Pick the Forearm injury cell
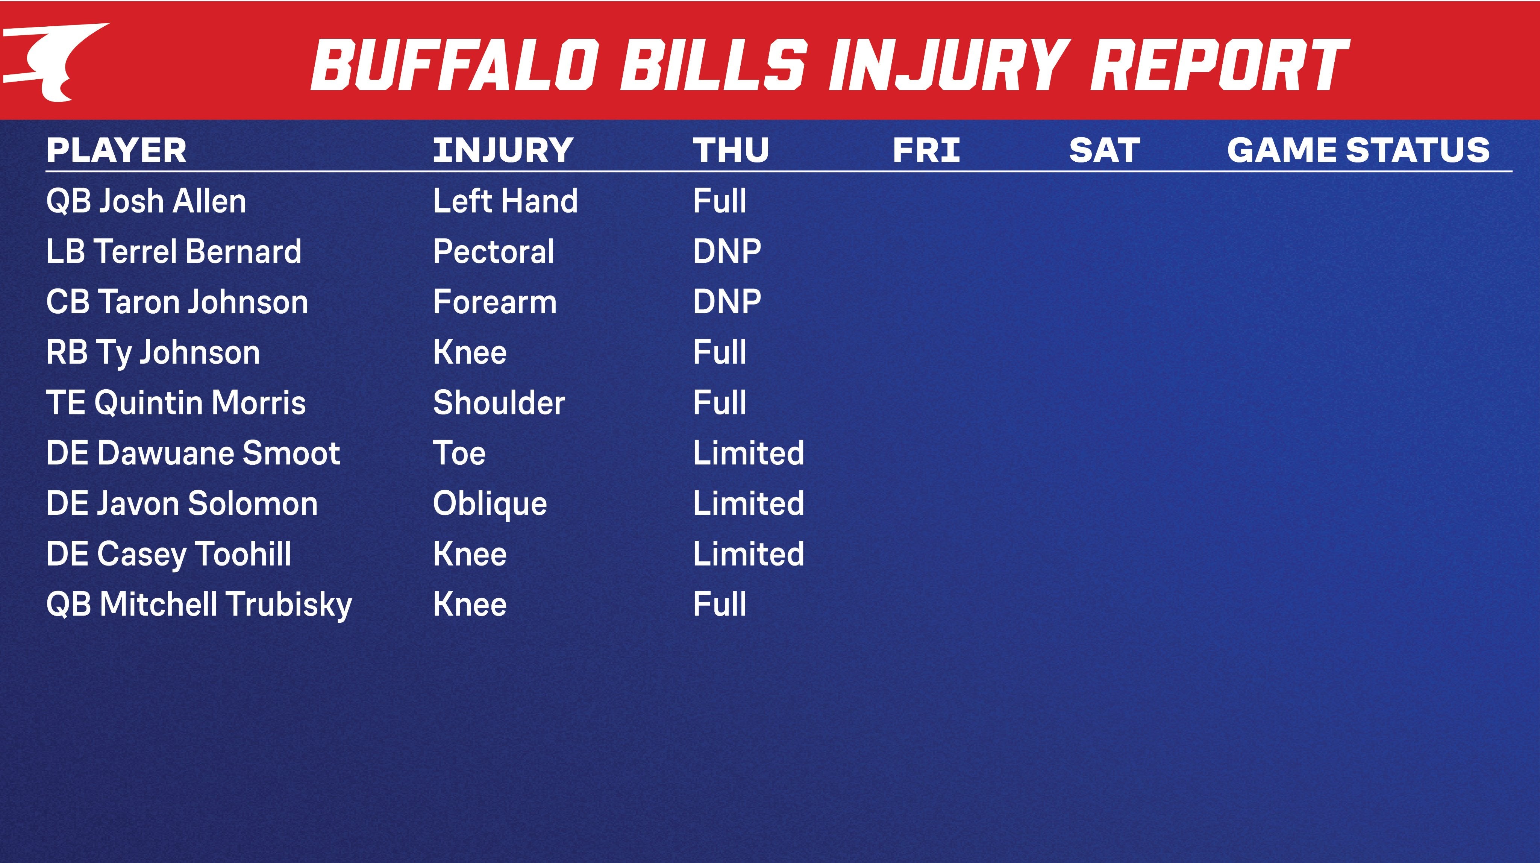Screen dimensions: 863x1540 point(494,302)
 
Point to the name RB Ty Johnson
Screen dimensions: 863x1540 point(153,352)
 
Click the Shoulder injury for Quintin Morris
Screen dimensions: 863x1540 point(499,402)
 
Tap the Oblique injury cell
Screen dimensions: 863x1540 point(490,504)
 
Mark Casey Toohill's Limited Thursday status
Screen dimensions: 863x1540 point(749,554)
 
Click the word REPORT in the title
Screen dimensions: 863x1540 point(1220,64)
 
